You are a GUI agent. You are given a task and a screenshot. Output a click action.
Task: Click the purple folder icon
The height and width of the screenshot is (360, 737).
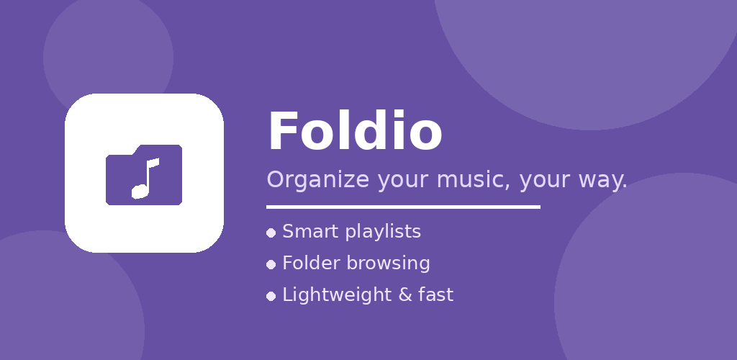(144, 175)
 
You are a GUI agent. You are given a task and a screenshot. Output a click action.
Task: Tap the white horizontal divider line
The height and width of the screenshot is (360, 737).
(403, 207)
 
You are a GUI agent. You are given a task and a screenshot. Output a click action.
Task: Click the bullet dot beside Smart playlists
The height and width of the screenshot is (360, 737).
(271, 233)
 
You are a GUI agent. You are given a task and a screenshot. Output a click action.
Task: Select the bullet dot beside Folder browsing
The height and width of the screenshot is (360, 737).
(271, 264)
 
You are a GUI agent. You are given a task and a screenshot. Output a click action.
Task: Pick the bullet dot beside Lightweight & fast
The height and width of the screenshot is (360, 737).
(271, 296)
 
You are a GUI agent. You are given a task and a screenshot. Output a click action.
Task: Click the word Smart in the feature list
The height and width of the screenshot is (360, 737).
(311, 231)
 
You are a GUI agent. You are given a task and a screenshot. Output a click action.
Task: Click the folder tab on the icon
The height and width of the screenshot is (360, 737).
(159, 150)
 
